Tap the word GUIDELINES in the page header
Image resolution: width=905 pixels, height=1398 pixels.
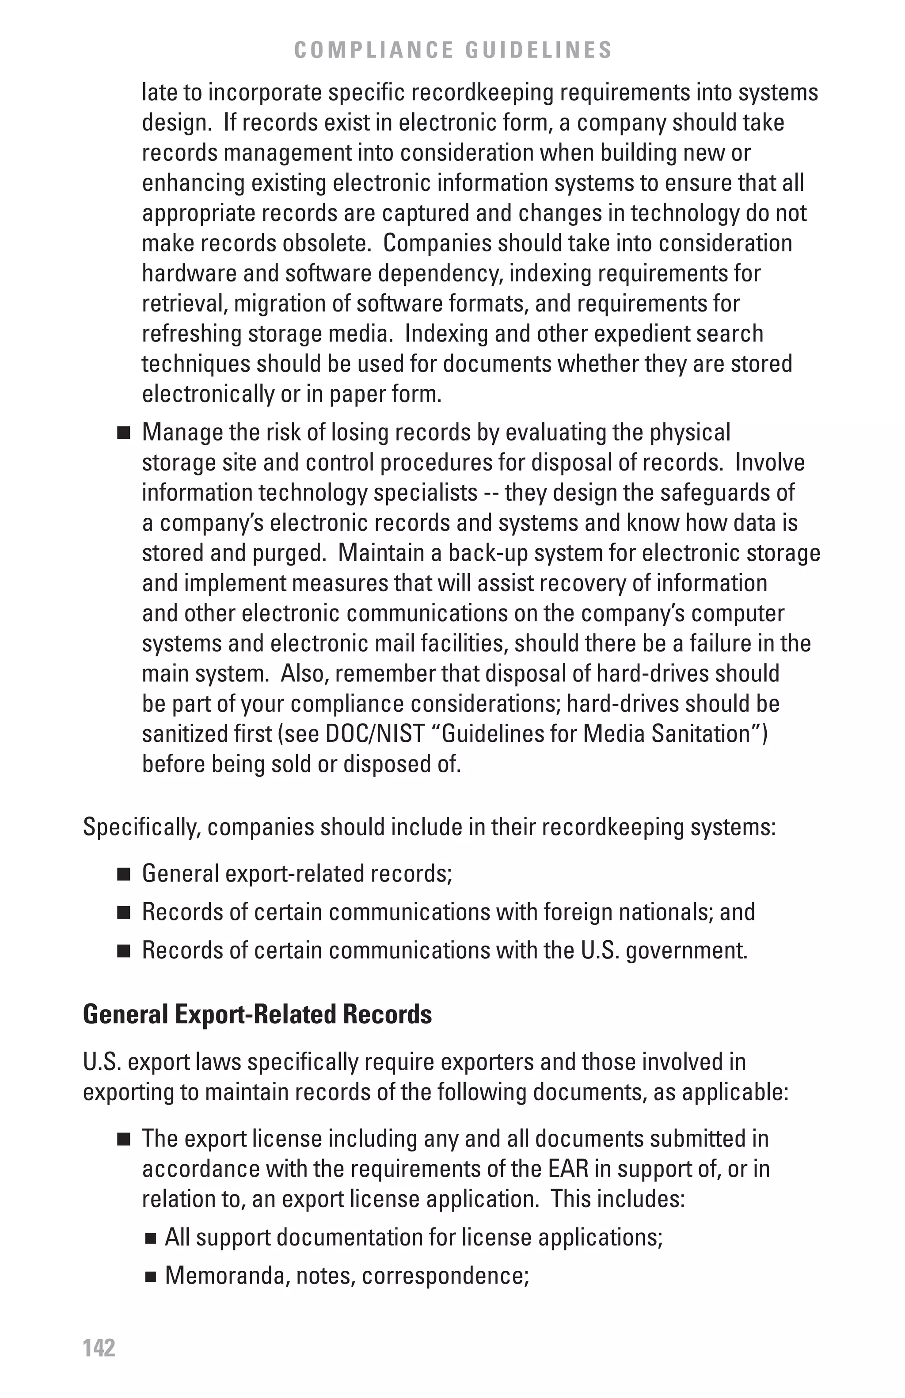click(x=539, y=50)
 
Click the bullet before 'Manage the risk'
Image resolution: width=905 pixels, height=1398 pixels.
click(x=123, y=434)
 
